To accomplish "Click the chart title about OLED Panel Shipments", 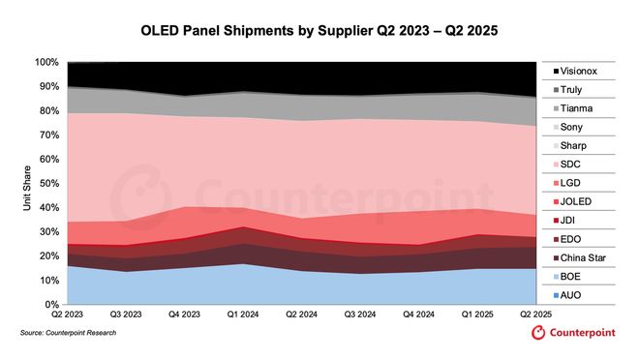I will (320, 28).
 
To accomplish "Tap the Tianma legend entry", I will (582, 107).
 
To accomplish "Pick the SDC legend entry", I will (578, 164).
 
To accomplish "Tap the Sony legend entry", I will (579, 127).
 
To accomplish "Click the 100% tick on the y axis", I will (45, 63).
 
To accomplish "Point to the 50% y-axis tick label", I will (46, 184).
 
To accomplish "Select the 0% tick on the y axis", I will (49, 305).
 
